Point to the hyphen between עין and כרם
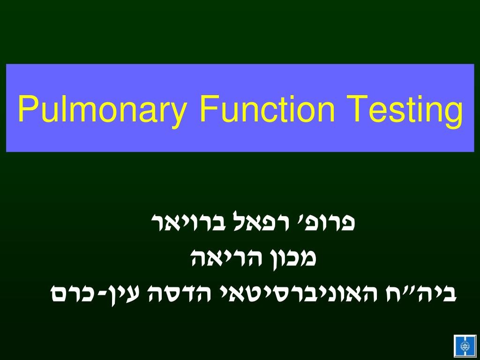pos(104,294)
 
